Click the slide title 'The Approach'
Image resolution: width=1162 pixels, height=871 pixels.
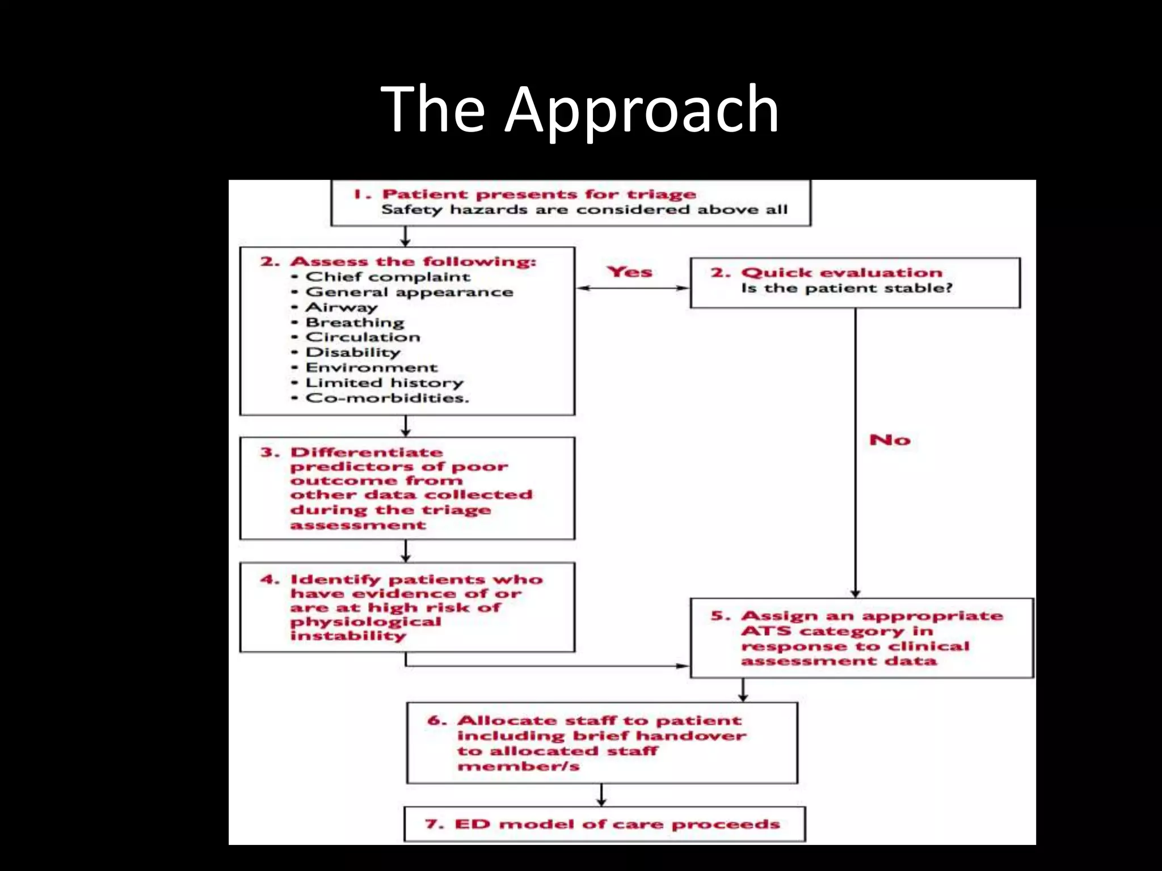click(580, 109)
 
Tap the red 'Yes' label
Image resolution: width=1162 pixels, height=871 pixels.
click(629, 272)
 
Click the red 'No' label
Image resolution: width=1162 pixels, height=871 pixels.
click(890, 440)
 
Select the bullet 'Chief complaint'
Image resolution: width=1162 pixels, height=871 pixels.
click(388, 277)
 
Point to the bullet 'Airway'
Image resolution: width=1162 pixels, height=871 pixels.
click(342, 307)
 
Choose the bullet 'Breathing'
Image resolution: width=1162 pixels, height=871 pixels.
click(355, 323)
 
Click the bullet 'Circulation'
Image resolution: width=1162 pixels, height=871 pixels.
click(363, 337)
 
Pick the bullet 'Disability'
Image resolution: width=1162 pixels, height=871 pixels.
click(353, 353)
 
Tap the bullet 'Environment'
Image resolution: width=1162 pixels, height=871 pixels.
click(371, 368)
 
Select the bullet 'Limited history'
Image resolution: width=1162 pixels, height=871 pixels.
click(384, 383)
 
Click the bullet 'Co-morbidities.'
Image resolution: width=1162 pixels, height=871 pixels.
click(387, 398)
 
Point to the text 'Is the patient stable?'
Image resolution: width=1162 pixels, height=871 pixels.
click(847, 289)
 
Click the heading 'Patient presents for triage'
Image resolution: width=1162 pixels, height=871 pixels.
click(538, 195)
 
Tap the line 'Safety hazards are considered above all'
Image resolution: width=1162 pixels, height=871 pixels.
click(584, 210)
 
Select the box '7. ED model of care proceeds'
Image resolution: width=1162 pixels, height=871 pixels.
click(604, 824)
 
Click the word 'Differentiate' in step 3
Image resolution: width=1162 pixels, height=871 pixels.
click(366, 453)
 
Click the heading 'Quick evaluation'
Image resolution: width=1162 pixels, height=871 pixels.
click(841, 273)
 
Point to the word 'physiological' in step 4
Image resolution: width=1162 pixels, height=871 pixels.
click(365, 621)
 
